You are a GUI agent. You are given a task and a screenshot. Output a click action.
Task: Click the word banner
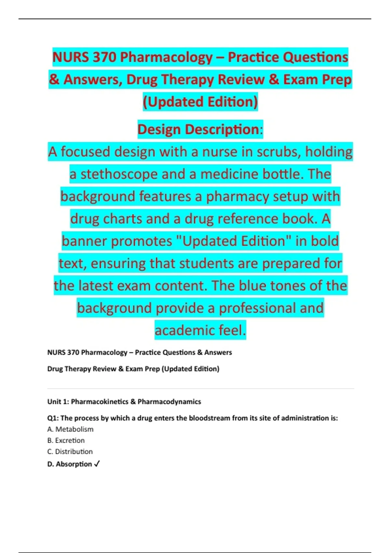(84, 241)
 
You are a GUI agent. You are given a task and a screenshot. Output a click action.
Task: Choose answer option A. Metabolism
(70, 429)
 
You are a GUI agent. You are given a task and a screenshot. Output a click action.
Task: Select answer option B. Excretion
(66, 440)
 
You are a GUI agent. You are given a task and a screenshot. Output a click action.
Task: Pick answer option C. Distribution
(70, 452)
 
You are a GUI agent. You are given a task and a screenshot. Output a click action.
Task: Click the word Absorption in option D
(74, 464)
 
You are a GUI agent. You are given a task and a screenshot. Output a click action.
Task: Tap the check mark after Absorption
(97, 464)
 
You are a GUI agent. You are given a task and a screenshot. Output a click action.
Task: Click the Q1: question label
(53, 418)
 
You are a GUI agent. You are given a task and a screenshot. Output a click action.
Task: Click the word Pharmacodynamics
(169, 402)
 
